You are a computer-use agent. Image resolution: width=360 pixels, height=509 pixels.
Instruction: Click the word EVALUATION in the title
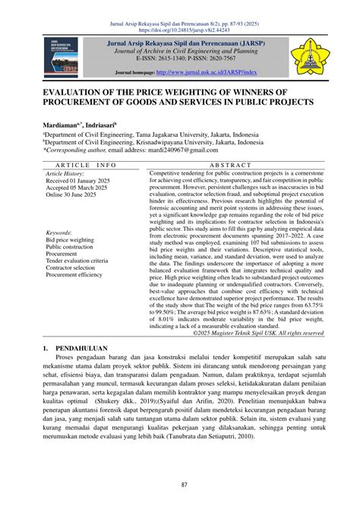tap(72, 90)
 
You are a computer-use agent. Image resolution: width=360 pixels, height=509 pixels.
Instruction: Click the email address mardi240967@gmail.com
tap(182, 152)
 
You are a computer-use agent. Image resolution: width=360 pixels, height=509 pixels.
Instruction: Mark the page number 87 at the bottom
tap(180, 485)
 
